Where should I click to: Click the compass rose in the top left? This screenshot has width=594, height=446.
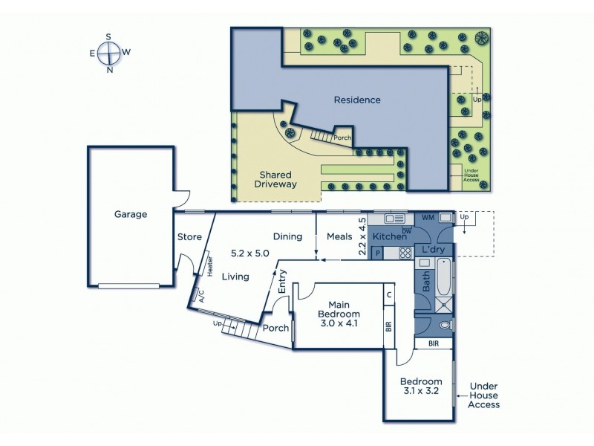pos(109,53)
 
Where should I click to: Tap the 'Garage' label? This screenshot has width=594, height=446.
pos(130,214)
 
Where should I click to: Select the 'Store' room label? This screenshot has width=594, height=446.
pos(189,237)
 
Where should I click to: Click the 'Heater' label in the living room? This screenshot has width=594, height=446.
pos(211,267)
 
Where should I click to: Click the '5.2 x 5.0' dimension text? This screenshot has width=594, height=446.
pos(249,253)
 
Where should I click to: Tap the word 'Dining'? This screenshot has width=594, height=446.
pos(287,237)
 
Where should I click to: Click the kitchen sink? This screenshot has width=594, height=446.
pos(394,219)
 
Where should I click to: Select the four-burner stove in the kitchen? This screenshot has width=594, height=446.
pos(405,253)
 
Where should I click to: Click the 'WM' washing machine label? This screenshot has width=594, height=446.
pos(428,217)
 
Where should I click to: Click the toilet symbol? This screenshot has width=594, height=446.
pos(444,325)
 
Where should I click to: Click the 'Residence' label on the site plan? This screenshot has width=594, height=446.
pos(357,100)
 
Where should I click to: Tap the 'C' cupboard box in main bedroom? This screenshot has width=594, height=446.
pos(390,294)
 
